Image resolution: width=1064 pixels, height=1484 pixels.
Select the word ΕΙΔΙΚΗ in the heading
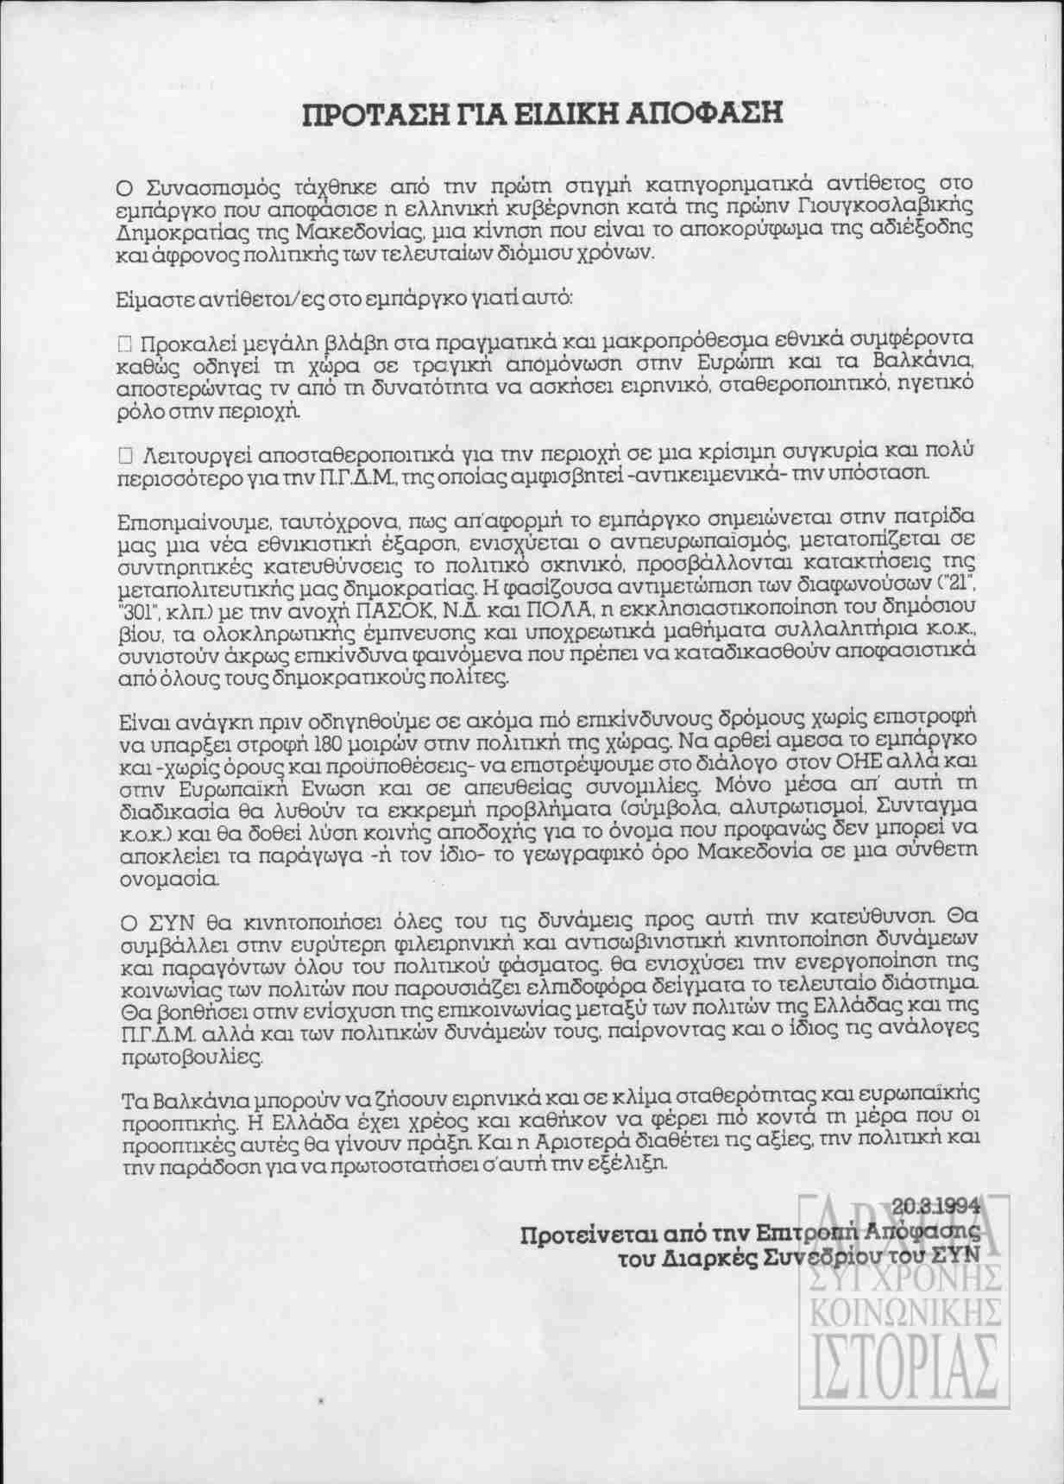click(540, 113)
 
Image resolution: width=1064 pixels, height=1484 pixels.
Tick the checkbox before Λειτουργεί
click(124, 452)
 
